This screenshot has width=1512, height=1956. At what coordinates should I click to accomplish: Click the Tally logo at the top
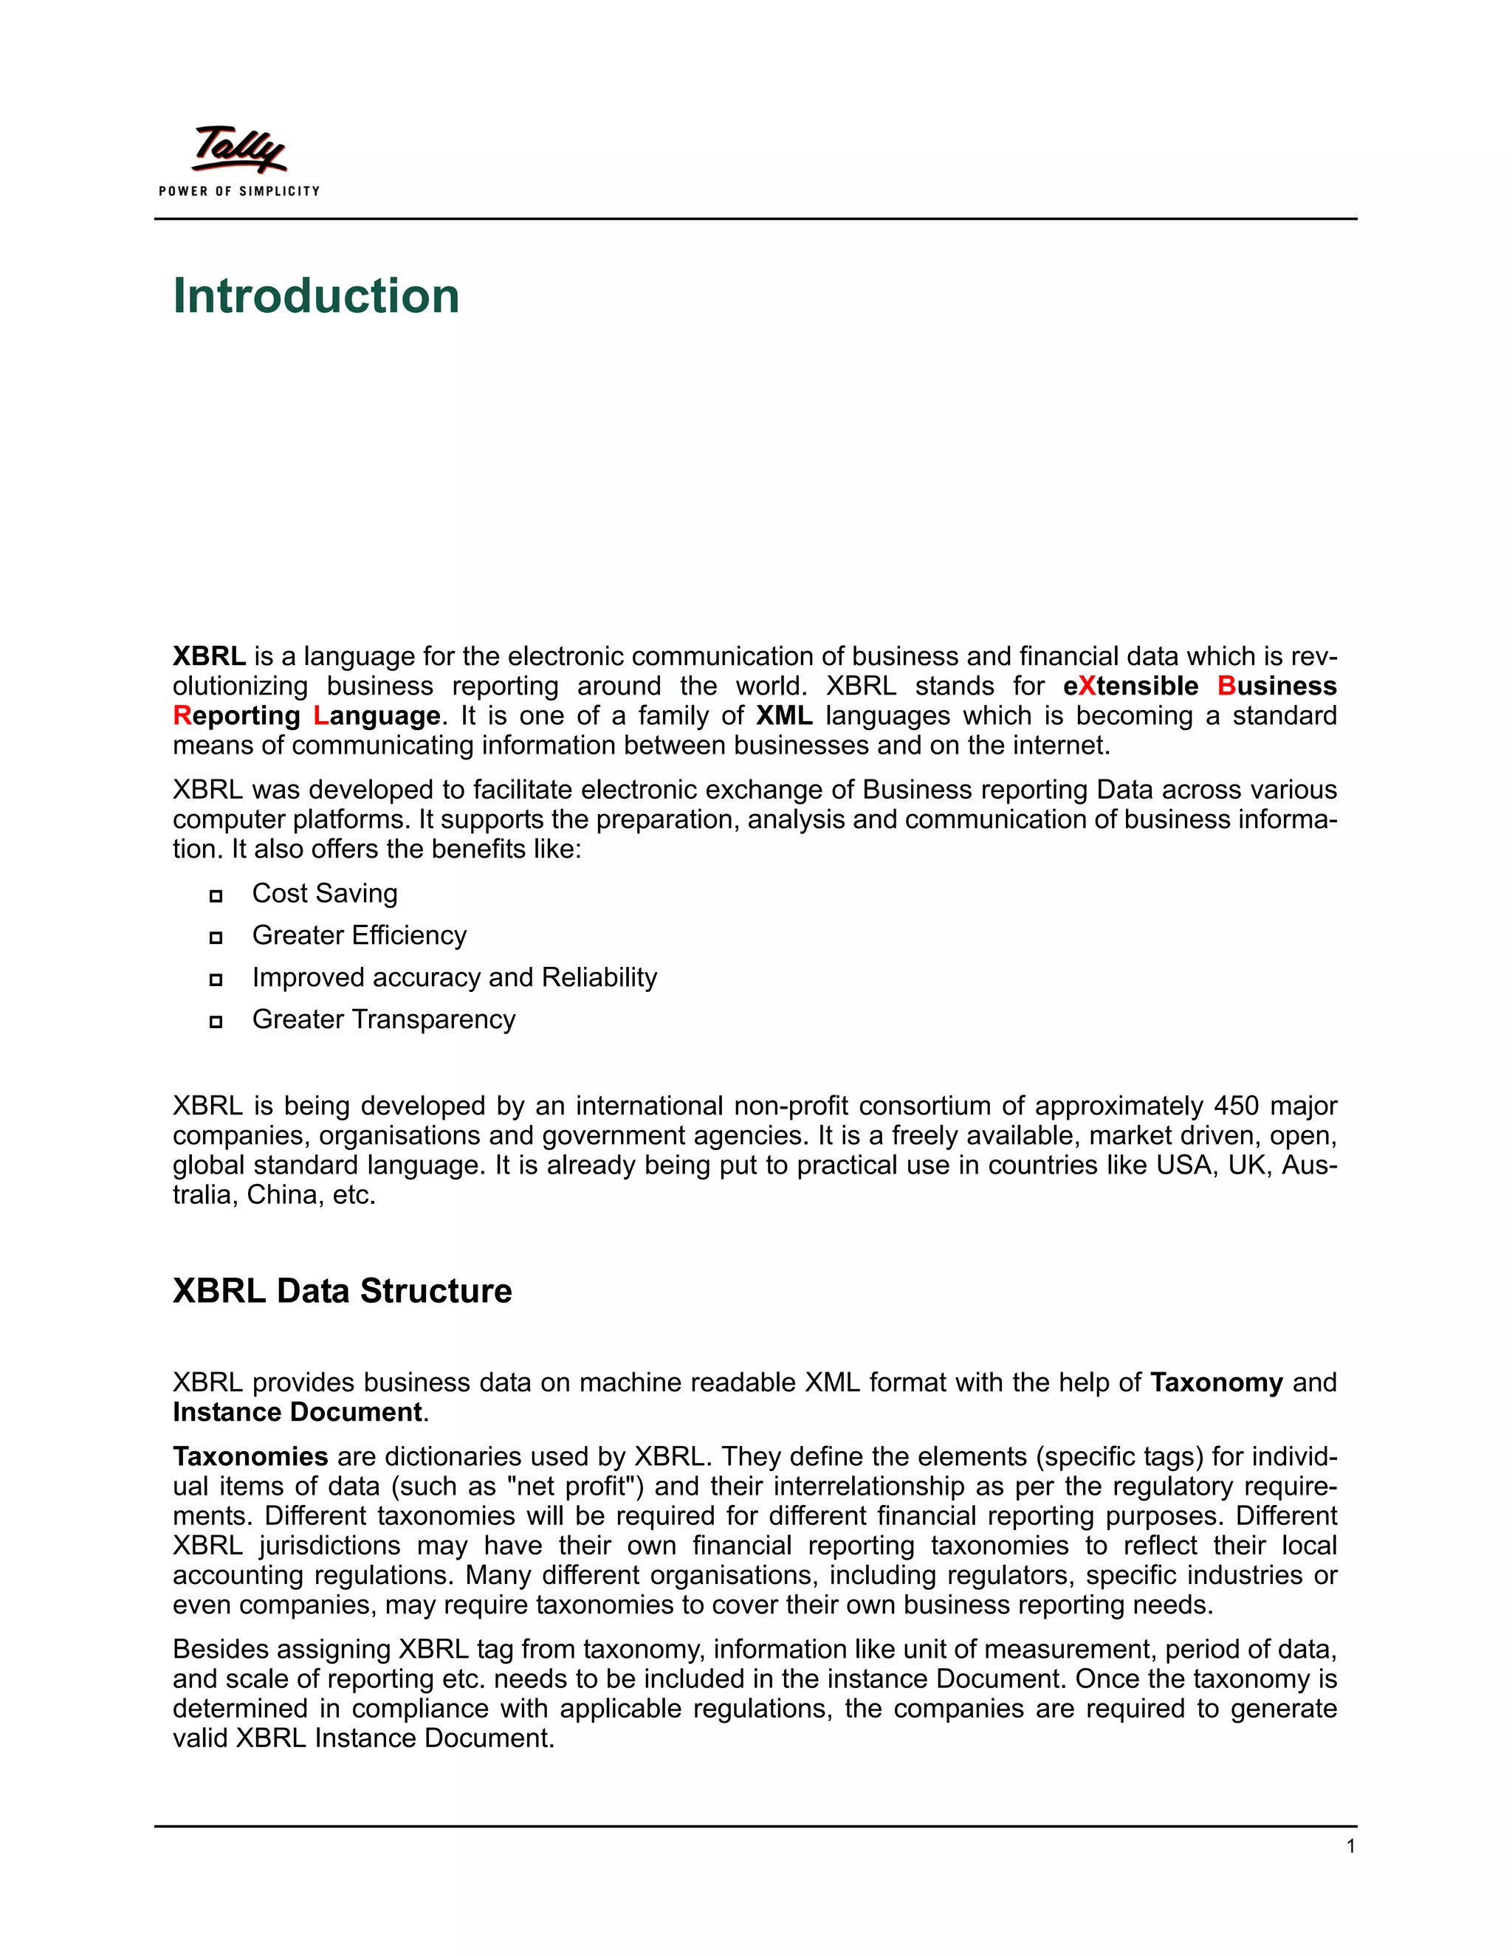coord(239,150)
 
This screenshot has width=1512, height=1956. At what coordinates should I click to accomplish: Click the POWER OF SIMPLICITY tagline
coord(239,190)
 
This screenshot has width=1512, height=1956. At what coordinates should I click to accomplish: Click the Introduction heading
coord(315,297)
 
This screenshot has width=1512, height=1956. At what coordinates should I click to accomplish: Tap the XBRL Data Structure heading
coord(341,1290)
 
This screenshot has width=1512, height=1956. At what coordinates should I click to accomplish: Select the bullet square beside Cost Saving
coord(216,895)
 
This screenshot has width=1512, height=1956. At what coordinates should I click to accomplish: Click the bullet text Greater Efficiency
coord(360,935)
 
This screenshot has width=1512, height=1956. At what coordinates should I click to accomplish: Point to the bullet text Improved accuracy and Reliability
coord(454,977)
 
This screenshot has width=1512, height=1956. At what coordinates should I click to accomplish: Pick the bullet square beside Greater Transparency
coord(216,1022)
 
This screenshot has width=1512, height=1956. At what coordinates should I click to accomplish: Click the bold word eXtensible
coord(1130,686)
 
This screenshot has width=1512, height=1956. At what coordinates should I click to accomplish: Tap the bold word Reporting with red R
coord(236,715)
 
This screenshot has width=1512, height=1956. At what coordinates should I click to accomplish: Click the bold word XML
coord(784,715)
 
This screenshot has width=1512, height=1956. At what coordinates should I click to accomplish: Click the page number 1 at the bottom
coord(1350,1846)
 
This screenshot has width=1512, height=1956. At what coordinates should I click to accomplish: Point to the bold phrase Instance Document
coord(298,1412)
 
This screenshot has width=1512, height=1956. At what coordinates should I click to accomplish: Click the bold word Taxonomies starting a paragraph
coord(251,1456)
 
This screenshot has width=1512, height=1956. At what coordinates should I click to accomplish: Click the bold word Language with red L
coord(377,715)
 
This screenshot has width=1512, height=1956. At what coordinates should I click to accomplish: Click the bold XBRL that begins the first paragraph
coord(209,656)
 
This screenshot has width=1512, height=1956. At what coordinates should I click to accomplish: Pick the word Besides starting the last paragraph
coord(218,1650)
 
